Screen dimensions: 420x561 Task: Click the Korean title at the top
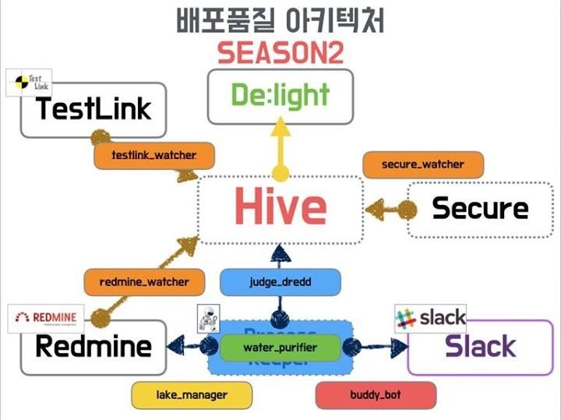click(x=280, y=19)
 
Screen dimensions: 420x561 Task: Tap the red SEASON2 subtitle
click(x=280, y=53)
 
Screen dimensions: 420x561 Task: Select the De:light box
click(x=280, y=95)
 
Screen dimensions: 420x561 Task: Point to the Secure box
click(x=479, y=209)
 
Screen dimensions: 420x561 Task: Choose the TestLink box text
click(x=93, y=108)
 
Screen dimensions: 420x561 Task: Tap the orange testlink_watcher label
click(x=154, y=156)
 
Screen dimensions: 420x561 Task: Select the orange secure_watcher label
click(x=422, y=164)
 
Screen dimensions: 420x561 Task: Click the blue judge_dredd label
click(x=280, y=281)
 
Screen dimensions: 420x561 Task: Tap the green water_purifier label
click(x=280, y=348)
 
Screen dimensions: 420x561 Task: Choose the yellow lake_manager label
click(x=191, y=395)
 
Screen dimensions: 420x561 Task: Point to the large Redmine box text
click(x=93, y=347)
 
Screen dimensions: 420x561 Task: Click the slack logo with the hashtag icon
click(x=430, y=318)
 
